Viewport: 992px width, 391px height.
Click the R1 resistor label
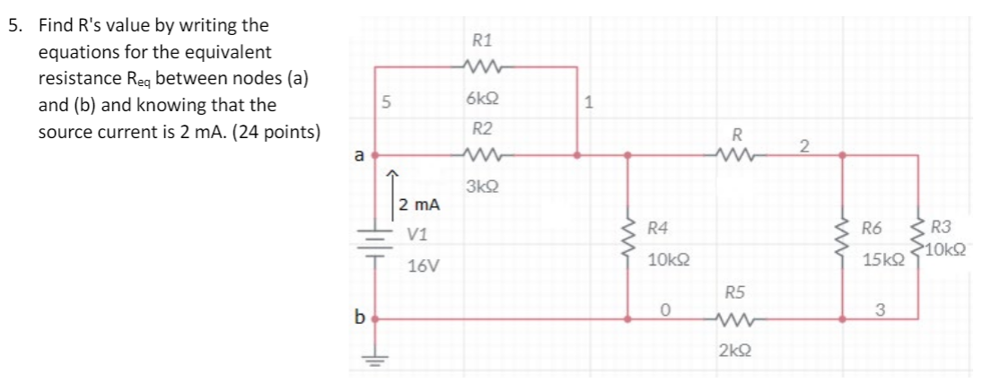[x=481, y=40]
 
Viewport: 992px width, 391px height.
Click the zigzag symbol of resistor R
[x=736, y=156]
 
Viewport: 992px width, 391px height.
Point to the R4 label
[x=657, y=229]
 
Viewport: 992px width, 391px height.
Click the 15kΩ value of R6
[x=880, y=260]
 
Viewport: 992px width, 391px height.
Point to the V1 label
[x=417, y=236]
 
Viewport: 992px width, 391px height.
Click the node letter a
[x=358, y=155]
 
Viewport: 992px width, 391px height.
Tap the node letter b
[x=359, y=317]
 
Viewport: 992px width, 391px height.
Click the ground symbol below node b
[x=373, y=361]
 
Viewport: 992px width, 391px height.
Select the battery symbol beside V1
[x=373, y=245]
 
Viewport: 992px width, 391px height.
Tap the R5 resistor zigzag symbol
[x=733, y=317]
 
